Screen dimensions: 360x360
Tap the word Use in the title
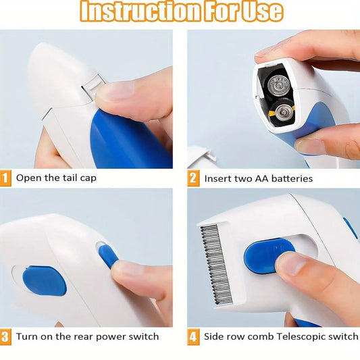259,13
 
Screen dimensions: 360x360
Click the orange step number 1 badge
6,179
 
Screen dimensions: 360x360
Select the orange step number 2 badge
194,179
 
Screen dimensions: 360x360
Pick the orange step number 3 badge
6,336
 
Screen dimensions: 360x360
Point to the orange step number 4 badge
194,336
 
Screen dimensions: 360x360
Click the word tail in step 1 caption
70,179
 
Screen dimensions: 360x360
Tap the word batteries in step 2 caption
288,179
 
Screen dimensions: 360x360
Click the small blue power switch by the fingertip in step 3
108,256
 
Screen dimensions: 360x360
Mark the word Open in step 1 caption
29,179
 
